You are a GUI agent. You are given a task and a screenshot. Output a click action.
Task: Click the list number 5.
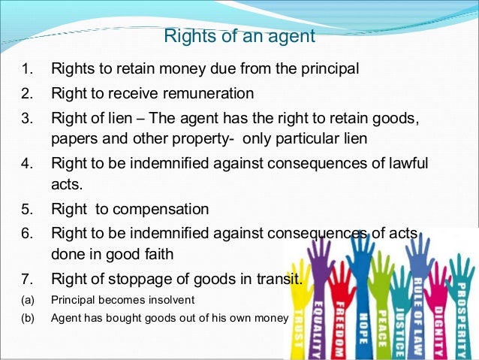point(26,209)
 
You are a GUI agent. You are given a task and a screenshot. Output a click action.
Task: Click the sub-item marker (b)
point(27,318)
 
